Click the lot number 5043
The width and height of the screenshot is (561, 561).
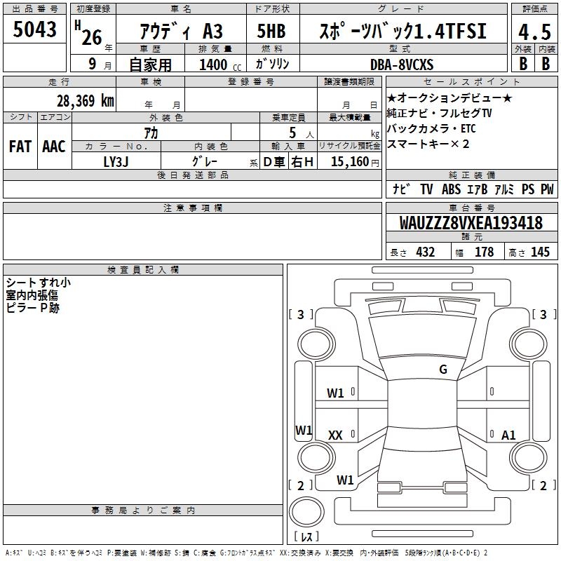coord(34,29)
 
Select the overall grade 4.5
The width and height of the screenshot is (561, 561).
coord(534,32)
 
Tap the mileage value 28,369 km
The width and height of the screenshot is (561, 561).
coord(86,101)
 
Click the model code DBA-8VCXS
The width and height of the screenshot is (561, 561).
coord(402,65)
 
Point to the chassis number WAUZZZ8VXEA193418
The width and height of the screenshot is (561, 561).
coord(471,223)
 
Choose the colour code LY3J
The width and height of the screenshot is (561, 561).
coord(116,162)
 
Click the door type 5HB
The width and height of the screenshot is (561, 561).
coord(271,31)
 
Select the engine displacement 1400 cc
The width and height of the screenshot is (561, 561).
coord(220,65)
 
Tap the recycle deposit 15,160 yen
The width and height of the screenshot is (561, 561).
coord(355,162)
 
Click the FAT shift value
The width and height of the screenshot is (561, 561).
coord(20,147)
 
